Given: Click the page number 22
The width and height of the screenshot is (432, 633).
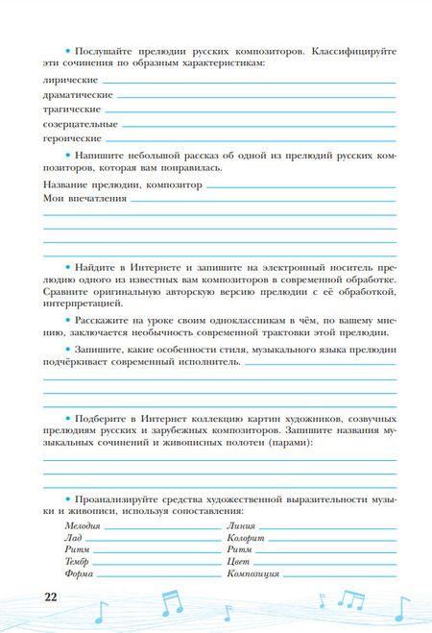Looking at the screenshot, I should (51, 596).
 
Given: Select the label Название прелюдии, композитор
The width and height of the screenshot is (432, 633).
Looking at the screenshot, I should (123, 183).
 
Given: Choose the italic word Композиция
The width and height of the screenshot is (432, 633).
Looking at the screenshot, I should (252, 573).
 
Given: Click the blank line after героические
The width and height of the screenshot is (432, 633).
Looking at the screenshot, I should (250, 140).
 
